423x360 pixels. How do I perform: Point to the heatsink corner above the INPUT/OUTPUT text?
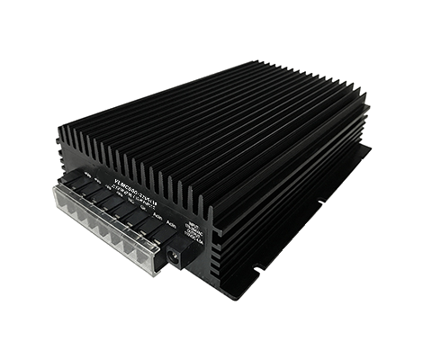(210, 209)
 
